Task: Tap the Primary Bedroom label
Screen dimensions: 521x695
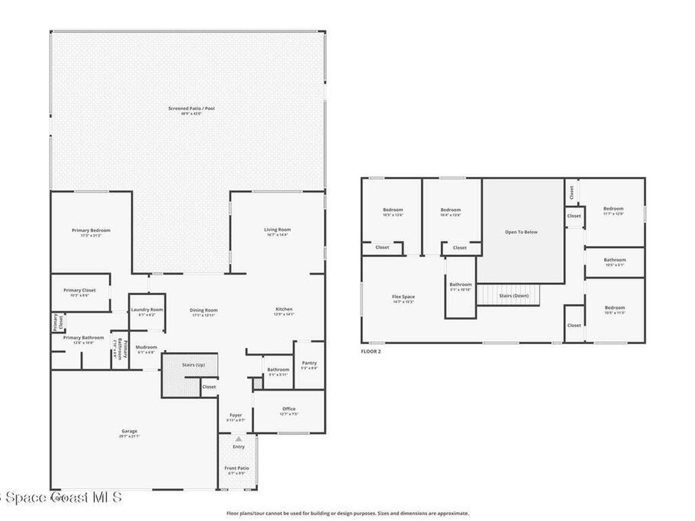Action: point(91,231)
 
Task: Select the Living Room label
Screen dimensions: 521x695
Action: point(277,230)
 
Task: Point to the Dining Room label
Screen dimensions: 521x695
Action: point(203,311)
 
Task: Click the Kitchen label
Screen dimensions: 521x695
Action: point(284,309)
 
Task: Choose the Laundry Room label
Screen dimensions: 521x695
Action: point(147,310)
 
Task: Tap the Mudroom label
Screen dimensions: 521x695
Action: point(146,347)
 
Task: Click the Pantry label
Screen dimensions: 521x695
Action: point(308,363)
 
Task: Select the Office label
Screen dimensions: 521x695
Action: point(288,409)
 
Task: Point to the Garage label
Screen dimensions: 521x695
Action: point(129,431)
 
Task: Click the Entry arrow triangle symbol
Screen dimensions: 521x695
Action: point(238,440)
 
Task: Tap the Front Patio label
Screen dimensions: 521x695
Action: point(237,468)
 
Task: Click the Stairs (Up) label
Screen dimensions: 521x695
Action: point(193,365)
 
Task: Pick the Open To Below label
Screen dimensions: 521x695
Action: point(521,232)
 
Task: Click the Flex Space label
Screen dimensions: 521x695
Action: point(403,297)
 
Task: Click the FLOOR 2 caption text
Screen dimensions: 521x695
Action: point(371,351)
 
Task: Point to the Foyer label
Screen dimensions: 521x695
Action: point(236,415)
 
